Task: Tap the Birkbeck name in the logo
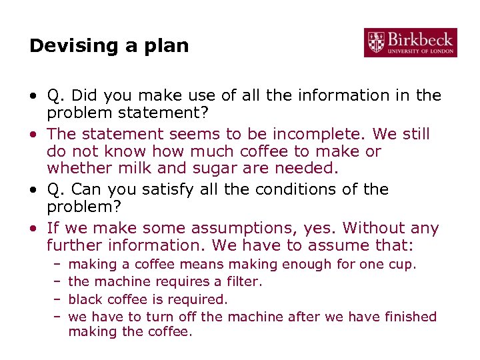[x=421, y=38]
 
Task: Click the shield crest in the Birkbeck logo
[x=376, y=42]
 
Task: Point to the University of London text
[x=421, y=51]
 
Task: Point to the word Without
[x=373, y=229]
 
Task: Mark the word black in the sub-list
[x=85, y=299]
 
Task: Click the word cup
[x=401, y=264]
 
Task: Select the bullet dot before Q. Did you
[x=33, y=96]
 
